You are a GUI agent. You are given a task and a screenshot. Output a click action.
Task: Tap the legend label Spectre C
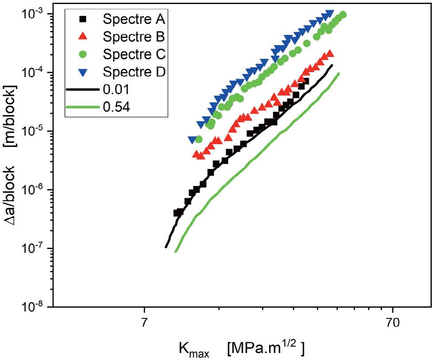coord(134,54)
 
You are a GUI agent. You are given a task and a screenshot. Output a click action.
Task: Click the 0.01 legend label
coord(116,89)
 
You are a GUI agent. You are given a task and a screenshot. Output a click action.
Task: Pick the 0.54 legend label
coord(116,107)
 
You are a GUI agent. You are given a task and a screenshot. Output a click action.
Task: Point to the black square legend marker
coord(82,19)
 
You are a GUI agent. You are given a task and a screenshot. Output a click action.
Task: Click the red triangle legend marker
coord(82,36)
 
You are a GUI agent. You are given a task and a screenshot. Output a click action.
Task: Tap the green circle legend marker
coord(82,54)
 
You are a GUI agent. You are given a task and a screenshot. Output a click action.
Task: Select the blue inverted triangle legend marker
coord(82,72)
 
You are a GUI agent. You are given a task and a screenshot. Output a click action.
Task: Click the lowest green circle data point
coord(199,139)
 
